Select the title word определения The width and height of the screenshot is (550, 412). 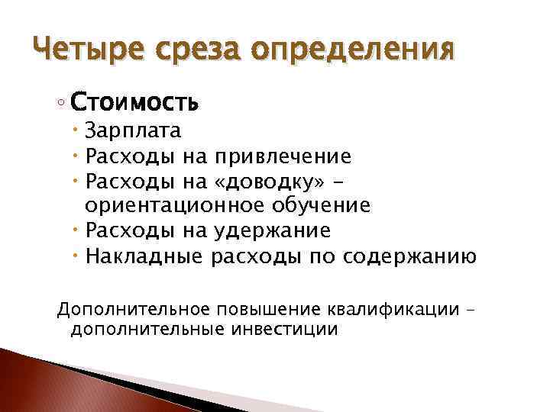(353, 52)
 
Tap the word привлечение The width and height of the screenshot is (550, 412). (283, 156)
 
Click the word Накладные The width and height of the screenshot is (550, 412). (144, 256)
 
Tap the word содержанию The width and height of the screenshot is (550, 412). (409, 256)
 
